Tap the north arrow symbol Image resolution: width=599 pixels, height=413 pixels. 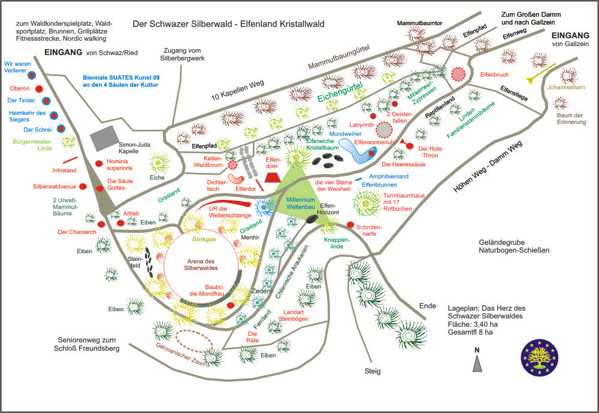click(x=477, y=363)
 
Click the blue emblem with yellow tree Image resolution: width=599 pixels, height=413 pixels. click(x=541, y=360)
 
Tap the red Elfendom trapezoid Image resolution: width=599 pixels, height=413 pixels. click(x=273, y=177)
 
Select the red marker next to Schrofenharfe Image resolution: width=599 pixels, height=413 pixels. click(x=350, y=225)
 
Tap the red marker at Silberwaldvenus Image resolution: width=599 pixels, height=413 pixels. click(x=83, y=187)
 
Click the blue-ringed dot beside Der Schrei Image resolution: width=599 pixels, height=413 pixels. click(x=60, y=129)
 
